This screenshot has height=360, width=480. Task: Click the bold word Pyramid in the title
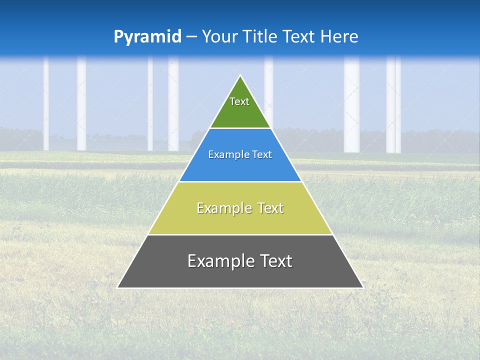[147, 37]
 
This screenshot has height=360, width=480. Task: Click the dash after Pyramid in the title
[191, 37]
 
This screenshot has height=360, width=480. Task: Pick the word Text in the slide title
[300, 36]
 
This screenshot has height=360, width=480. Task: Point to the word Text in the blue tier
[262, 155]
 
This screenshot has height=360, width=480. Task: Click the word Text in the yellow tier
[270, 208]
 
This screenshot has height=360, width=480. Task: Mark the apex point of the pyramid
[240, 76]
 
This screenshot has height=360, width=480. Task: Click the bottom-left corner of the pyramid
[118, 287]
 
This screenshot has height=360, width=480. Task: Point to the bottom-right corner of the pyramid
[362, 287]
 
